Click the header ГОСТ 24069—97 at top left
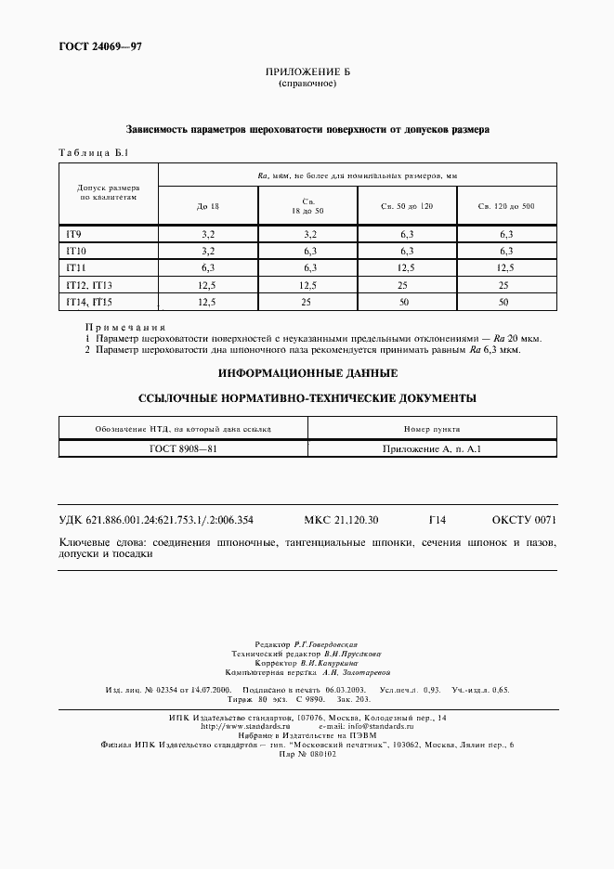tap(88, 45)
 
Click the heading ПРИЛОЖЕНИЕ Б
tap(307, 72)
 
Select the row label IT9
tap(73, 235)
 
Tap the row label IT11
tap(75, 267)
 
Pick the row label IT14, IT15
tap(88, 302)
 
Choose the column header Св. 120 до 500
tap(505, 204)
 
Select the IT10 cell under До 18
tap(208, 252)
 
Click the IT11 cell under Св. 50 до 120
tap(406, 268)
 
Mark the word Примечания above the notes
tap(125, 328)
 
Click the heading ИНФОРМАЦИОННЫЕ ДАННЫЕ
tap(307, 372)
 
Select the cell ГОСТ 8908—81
tap(183, 447)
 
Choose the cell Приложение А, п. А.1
tap(432, 447)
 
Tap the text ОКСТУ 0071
tap(524, 520)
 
